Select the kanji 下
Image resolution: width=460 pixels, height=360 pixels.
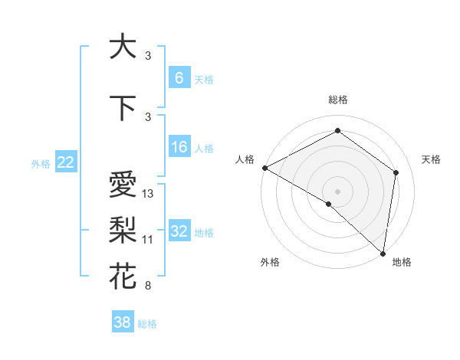click(123, 106)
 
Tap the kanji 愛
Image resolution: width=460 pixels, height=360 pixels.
click(123, 185)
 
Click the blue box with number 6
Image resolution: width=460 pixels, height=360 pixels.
click(179, 78)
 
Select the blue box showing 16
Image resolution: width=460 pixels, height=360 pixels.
click(179, 148)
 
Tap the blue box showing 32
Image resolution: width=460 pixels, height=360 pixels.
click(179, 232)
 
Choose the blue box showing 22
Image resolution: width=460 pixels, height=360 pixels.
click(66, 162)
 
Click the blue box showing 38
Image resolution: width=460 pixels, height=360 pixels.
click(123, 322)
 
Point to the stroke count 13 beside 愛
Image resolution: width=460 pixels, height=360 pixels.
click(148, 194)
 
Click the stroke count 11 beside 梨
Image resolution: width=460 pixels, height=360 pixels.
click(148, 239)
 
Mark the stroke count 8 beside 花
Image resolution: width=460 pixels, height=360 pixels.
click(147, 286)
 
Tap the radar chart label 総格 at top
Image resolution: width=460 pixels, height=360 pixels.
click(337, 100)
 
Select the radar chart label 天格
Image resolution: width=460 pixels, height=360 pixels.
click(431, 159)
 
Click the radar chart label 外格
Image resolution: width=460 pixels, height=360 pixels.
click(270, 262)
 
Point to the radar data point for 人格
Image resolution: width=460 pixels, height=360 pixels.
click(264, 168)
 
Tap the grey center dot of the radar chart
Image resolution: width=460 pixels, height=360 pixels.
click(337, 191)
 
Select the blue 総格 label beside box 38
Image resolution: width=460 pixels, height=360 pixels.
click(147, 324)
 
